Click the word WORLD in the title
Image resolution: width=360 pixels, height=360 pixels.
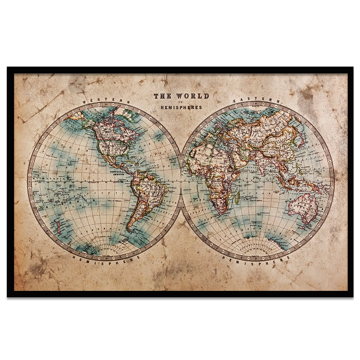(192, 96)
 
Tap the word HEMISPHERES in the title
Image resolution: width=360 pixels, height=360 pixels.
(181, 107)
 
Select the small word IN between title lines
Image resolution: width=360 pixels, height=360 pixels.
(181, 102)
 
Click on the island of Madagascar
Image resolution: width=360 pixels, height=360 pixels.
(237, 197)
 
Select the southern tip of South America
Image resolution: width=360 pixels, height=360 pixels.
(128, 229)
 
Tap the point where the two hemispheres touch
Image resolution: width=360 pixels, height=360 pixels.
(180, 180)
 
